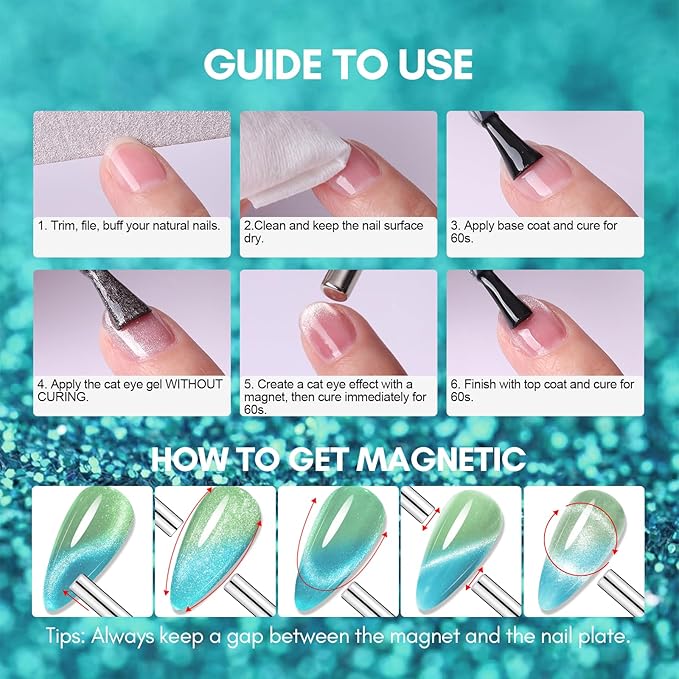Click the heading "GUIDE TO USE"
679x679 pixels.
pos(338,63)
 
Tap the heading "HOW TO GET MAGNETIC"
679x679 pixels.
pos(338,459)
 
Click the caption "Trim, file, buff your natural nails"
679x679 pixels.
pos(128,226)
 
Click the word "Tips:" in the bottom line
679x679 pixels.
pos(68,635)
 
